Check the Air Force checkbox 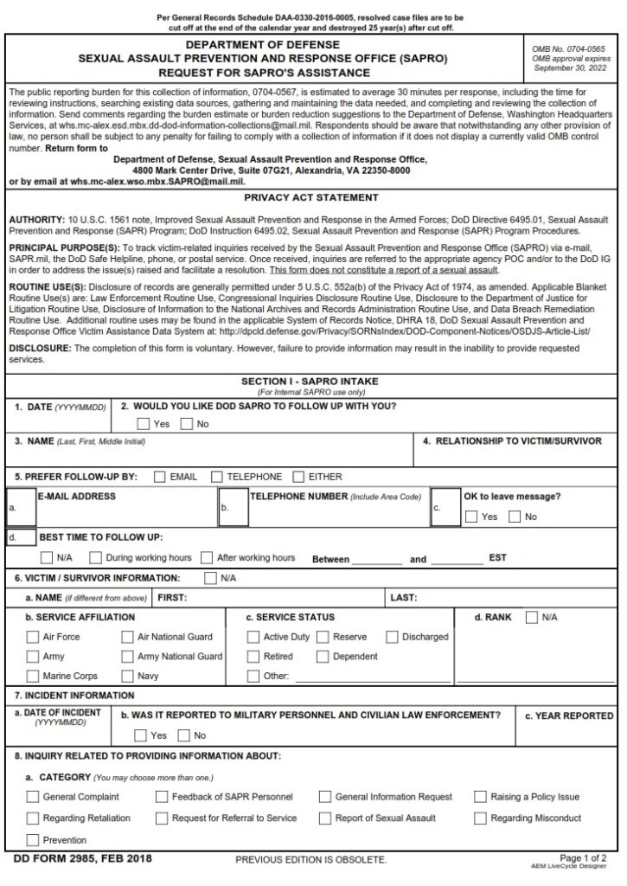[x=32, y=637]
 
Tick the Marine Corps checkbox [x=32, y=676]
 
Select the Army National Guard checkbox [x=127, y=657]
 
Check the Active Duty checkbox [x=253, y=637]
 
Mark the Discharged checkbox [x=392, y=637]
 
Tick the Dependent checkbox [x=322, y=657]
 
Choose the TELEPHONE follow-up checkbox [x=216, y=477]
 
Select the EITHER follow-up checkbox [x=298, y=477]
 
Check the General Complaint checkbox [x=32, y=797]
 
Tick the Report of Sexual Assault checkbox [x=325, y=818]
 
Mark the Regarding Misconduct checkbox [x=481, y=818]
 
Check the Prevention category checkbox [x=32, y=840]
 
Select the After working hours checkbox [x=207, y=558]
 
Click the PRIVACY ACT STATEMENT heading [x=312, y=198]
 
